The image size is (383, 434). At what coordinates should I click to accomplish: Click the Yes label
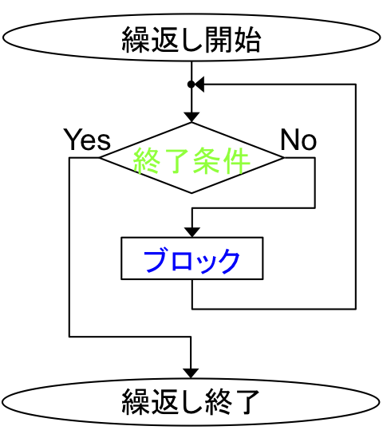[87, 140]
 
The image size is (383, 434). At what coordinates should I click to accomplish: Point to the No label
[298, 140]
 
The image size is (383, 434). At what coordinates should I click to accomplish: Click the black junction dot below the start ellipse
[191, 84]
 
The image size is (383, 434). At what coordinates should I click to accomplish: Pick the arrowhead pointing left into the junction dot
[199, 84]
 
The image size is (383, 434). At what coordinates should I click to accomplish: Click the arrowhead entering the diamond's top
[191, 117]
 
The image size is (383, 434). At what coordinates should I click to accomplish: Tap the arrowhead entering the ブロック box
[192, 232]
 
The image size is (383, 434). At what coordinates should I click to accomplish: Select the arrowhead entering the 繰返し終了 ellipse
[191, 373]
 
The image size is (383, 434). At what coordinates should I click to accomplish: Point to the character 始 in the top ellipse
[247, 39]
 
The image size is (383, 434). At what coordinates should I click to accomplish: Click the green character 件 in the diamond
[235, 160]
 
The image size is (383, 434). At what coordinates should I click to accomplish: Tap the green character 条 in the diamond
[207, 160]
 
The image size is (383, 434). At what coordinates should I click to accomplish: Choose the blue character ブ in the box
[156, 260]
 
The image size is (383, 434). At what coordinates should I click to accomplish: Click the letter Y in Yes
[72, 139]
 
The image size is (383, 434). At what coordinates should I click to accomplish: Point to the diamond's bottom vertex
[191, 193]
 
